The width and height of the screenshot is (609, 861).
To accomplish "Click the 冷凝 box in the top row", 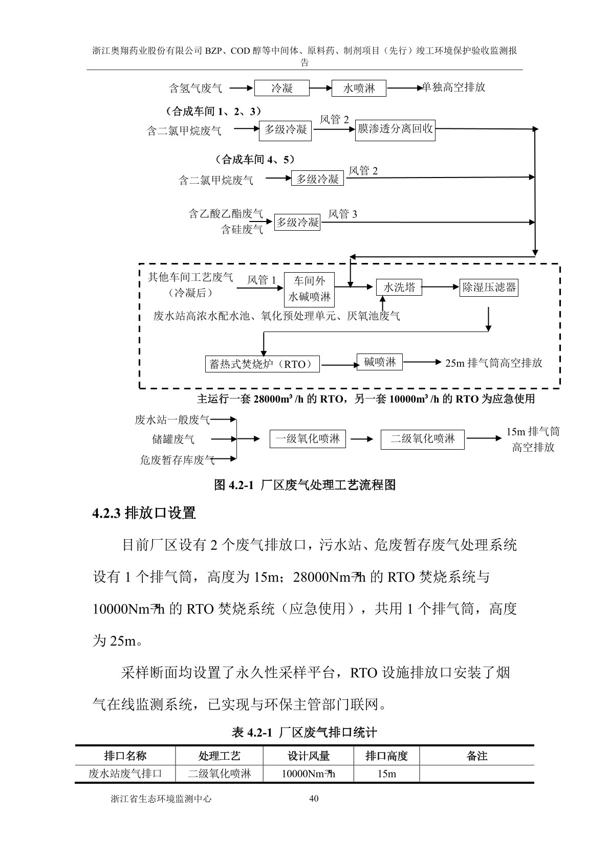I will pyautogui.click(x=282, y=88).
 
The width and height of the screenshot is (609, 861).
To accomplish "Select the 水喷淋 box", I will pyautogui.click(x=359, y=88).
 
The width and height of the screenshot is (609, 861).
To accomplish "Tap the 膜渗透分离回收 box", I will pyautogui.click(x=395, y=129).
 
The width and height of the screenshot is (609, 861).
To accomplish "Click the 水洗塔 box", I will pyautogui.click(x=399, y=287).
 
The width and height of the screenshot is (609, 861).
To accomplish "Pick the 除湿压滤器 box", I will pyautogui.click(x=489, y=287).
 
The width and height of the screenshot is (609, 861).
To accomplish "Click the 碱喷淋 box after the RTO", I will pyautogui.click(x=380, y=362).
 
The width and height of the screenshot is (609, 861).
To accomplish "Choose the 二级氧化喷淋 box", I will pyautogui.click(x=422, y=439).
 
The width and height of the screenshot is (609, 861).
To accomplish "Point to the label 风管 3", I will pyautogui.click(x=342, y=214).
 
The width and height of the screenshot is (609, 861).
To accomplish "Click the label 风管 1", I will pyautogui.click(x=262, y=280).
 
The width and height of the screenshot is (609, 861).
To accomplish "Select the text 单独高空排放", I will pyautogui.click(x=453, y=87).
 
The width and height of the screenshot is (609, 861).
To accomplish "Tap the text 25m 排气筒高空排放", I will pyautogui.click(x=493, y=363).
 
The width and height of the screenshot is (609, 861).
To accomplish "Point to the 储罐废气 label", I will pyautogui.click(x=173, y=439).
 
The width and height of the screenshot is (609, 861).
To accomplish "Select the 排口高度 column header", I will pyautogui.click(x=386, y=756).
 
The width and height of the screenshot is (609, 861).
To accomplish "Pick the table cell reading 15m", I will pyautogui.click(x=386, y=774).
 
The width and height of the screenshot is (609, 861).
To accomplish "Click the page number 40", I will pyautogui.click(x=314, y=798).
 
